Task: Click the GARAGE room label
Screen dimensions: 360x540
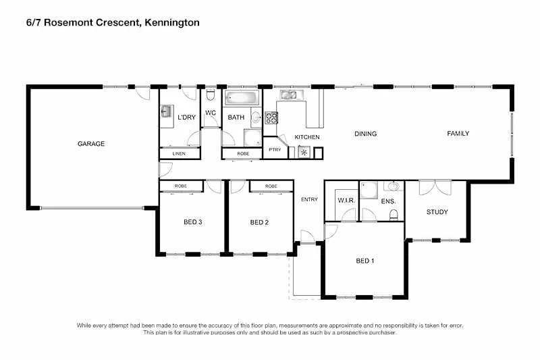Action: pos(90,143)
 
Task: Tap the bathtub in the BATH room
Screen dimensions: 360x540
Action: pos(242,98)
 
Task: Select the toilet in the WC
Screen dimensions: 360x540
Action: pos(210,94)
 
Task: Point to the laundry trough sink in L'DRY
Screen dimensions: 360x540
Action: pos(165,112)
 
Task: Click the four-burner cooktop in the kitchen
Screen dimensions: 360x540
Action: pos(271,118)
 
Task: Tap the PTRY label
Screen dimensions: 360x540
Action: pos(274,149)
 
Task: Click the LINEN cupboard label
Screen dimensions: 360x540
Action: pos(179,154)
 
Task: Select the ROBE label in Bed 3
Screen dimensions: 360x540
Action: pos(181,186)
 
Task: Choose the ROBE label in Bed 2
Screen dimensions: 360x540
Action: pos(271,186)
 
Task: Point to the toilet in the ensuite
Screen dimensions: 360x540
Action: pos(394,215)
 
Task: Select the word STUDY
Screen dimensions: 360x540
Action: pos(437,212)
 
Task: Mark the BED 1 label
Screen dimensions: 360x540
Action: pos(364,261)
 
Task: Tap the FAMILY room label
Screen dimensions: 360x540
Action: pos(458,133)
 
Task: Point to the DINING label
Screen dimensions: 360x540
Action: pos(365,133)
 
